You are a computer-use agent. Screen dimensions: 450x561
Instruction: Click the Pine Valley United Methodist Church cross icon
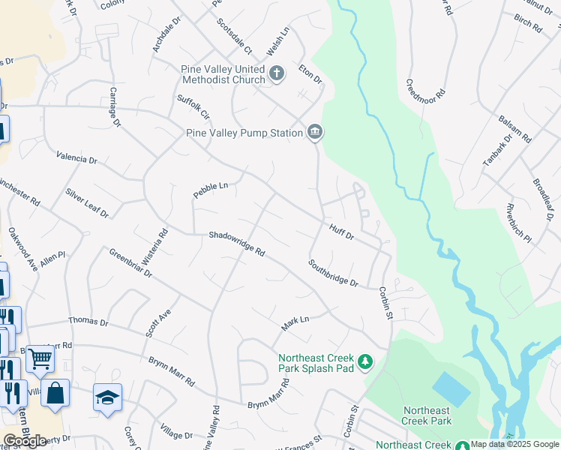[x=277, y=73]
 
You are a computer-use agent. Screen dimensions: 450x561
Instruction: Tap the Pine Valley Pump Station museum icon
[x=315, y=133]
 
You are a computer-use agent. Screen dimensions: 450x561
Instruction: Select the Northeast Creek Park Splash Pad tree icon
[x=365, y=363]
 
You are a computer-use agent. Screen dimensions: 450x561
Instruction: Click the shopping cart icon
[x=40, y=358]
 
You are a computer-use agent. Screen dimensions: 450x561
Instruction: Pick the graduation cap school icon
[x=107, y=397]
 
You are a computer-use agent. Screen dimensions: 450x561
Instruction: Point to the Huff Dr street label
[x=340, y=231]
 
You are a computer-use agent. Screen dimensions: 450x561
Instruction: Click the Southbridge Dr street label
[x=333, y=273]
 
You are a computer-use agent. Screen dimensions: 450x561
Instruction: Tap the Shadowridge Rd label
[x=237, y=244]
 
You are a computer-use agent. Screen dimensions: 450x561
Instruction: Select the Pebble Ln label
[x=210, y=187]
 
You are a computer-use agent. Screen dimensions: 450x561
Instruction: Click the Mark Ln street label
[x=295, y=324]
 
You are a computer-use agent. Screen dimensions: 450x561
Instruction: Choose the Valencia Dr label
[x=76, y=158]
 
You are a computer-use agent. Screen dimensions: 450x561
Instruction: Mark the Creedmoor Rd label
[x=425, y=97]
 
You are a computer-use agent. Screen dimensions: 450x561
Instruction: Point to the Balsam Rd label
[x=514, y=129]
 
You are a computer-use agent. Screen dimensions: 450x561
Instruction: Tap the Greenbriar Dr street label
[x=130, y=264]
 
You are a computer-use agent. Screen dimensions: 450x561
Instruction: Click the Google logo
[x=25, y=441]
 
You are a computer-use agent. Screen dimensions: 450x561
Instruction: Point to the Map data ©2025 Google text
[x=514, y=444]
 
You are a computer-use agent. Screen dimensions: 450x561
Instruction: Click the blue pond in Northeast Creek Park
[x=451, y=388]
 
